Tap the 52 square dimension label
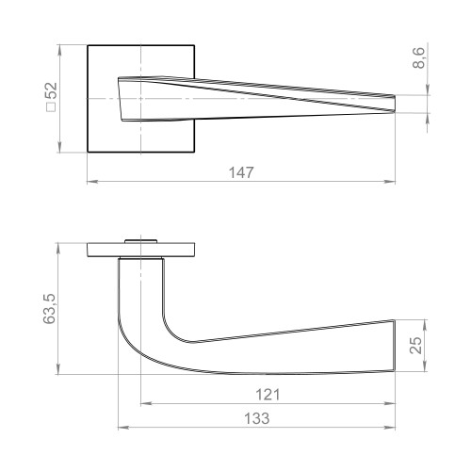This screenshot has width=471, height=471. (51, 90)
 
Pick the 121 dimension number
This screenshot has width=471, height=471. (267, 393)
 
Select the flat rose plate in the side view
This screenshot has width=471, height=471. (140, 249)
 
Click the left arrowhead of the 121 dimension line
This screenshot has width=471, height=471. (144, 403)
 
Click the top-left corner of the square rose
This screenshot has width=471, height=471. (88, 43)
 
